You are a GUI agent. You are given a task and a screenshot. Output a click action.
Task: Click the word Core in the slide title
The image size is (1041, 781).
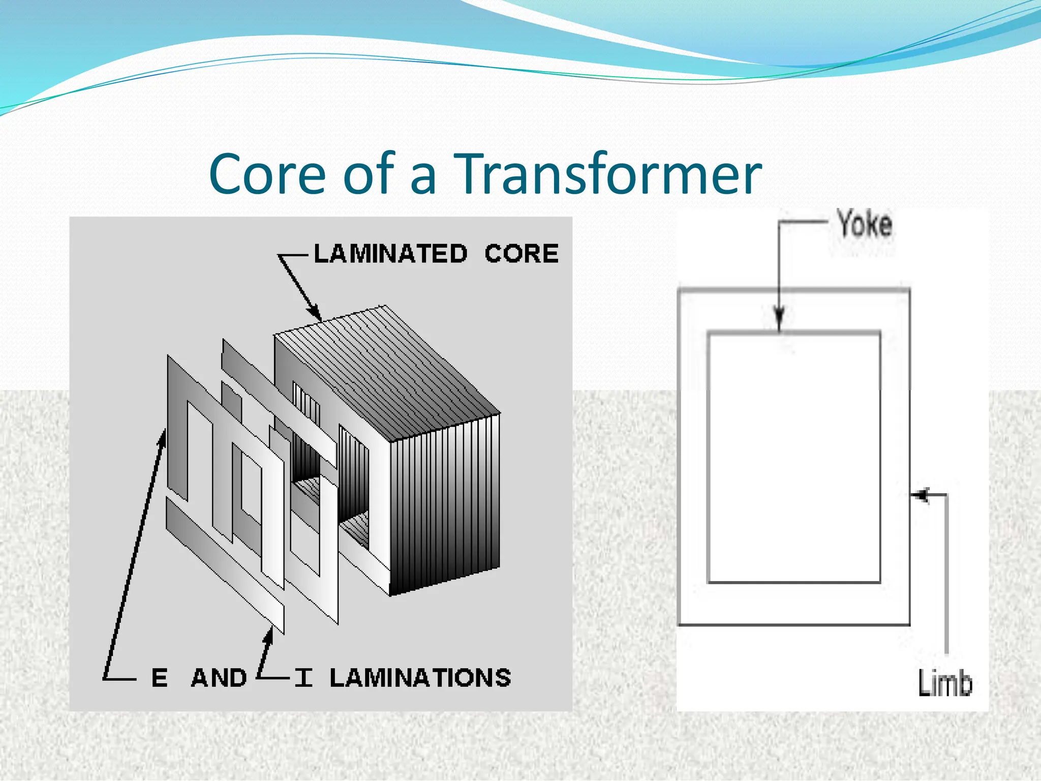267,174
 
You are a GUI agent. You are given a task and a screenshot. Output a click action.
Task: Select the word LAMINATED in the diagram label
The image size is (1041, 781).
390,254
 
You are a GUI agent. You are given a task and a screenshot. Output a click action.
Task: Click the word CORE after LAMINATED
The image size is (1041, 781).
522,254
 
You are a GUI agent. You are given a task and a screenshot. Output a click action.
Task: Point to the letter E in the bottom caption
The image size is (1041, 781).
159,678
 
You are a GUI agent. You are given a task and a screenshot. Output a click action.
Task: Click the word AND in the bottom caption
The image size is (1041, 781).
219,678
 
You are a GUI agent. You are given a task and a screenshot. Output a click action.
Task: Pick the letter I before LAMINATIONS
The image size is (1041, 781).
303,678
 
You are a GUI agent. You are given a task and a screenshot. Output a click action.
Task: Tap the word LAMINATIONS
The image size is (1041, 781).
420,678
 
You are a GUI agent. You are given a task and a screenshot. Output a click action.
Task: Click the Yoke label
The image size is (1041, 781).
865,224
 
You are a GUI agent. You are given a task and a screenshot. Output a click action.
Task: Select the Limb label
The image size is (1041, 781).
945,683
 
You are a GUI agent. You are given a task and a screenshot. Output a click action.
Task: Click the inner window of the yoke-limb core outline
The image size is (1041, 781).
794,458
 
